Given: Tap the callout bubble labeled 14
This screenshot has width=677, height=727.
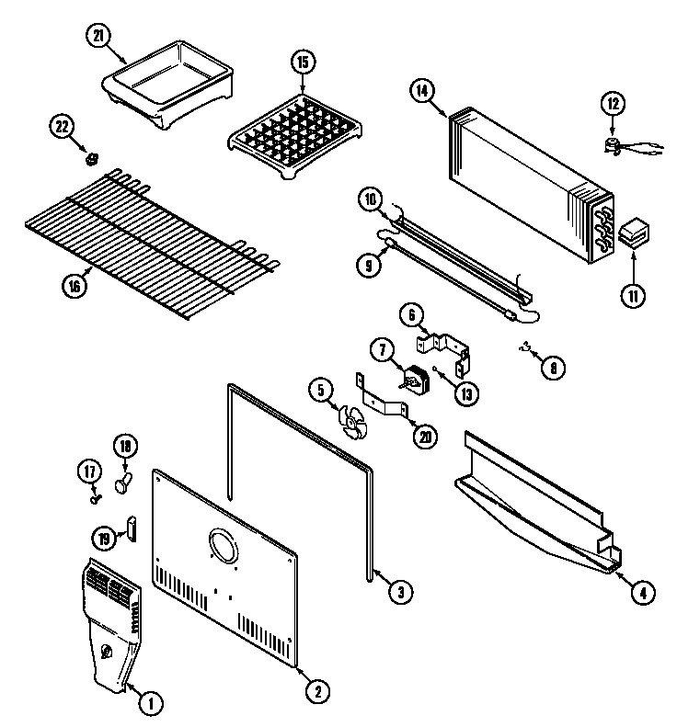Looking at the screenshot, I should point(421,90).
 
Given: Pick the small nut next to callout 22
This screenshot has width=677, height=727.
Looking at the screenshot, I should point(91,160).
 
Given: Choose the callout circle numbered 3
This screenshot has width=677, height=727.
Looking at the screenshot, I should point(397,593).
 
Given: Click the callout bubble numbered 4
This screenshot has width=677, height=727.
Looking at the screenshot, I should point(644,593).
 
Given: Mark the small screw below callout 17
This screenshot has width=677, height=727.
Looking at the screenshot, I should point(95,499).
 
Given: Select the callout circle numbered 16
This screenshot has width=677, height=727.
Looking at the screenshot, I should point(75,285).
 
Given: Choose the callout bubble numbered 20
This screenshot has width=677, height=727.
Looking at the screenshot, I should point(425,437).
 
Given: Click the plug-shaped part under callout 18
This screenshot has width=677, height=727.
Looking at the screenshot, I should point(125,480).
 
